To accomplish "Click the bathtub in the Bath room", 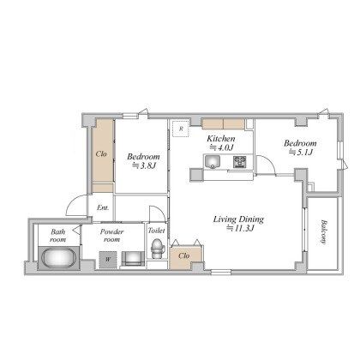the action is pyautogui.click(x=58, y=258).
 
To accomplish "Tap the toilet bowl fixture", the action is pyautogui.click(x=157, y=249).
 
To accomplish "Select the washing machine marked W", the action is pyautogui.click(x=108, y=260).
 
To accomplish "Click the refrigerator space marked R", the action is pyautogui.click(x=181, y=129).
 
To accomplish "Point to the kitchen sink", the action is pyautogui.click(x=212, y=162).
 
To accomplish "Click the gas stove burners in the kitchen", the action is pyautogui.click(x=240, y=162).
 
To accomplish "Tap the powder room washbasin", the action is pyautogui.click(x=133, y=259).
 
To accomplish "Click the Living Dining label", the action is pyautogui.click(x=238, y=219).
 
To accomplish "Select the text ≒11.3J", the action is pyautogui.click(x=240, y=228).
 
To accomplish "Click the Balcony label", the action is pyautogui.click(x=323, y=231).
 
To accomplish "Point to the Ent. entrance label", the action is pyautogui.click(x=103, y=207).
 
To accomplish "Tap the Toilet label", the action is pyautogui.click(x=156, y=231).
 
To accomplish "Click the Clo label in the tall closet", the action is pyautogui.click(x=101, y=154).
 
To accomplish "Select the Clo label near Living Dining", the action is pyautogui.click(x=183, y=255).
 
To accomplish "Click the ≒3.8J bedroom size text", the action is pyautogui.click(x=144, y=165).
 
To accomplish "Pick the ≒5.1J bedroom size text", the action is pyautogui.click(x=301, y=152).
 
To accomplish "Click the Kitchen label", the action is pyautogui.click(x=221, y=139).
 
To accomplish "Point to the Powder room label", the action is pyautogui.click(x=111, y=236).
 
